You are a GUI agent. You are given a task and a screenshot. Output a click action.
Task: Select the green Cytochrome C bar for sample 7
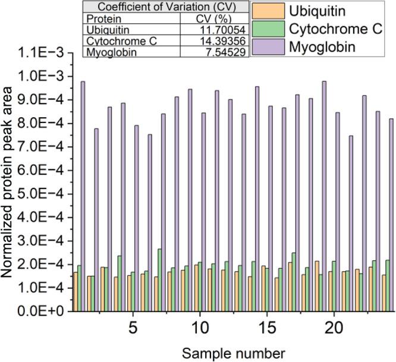(x=159, y=279)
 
